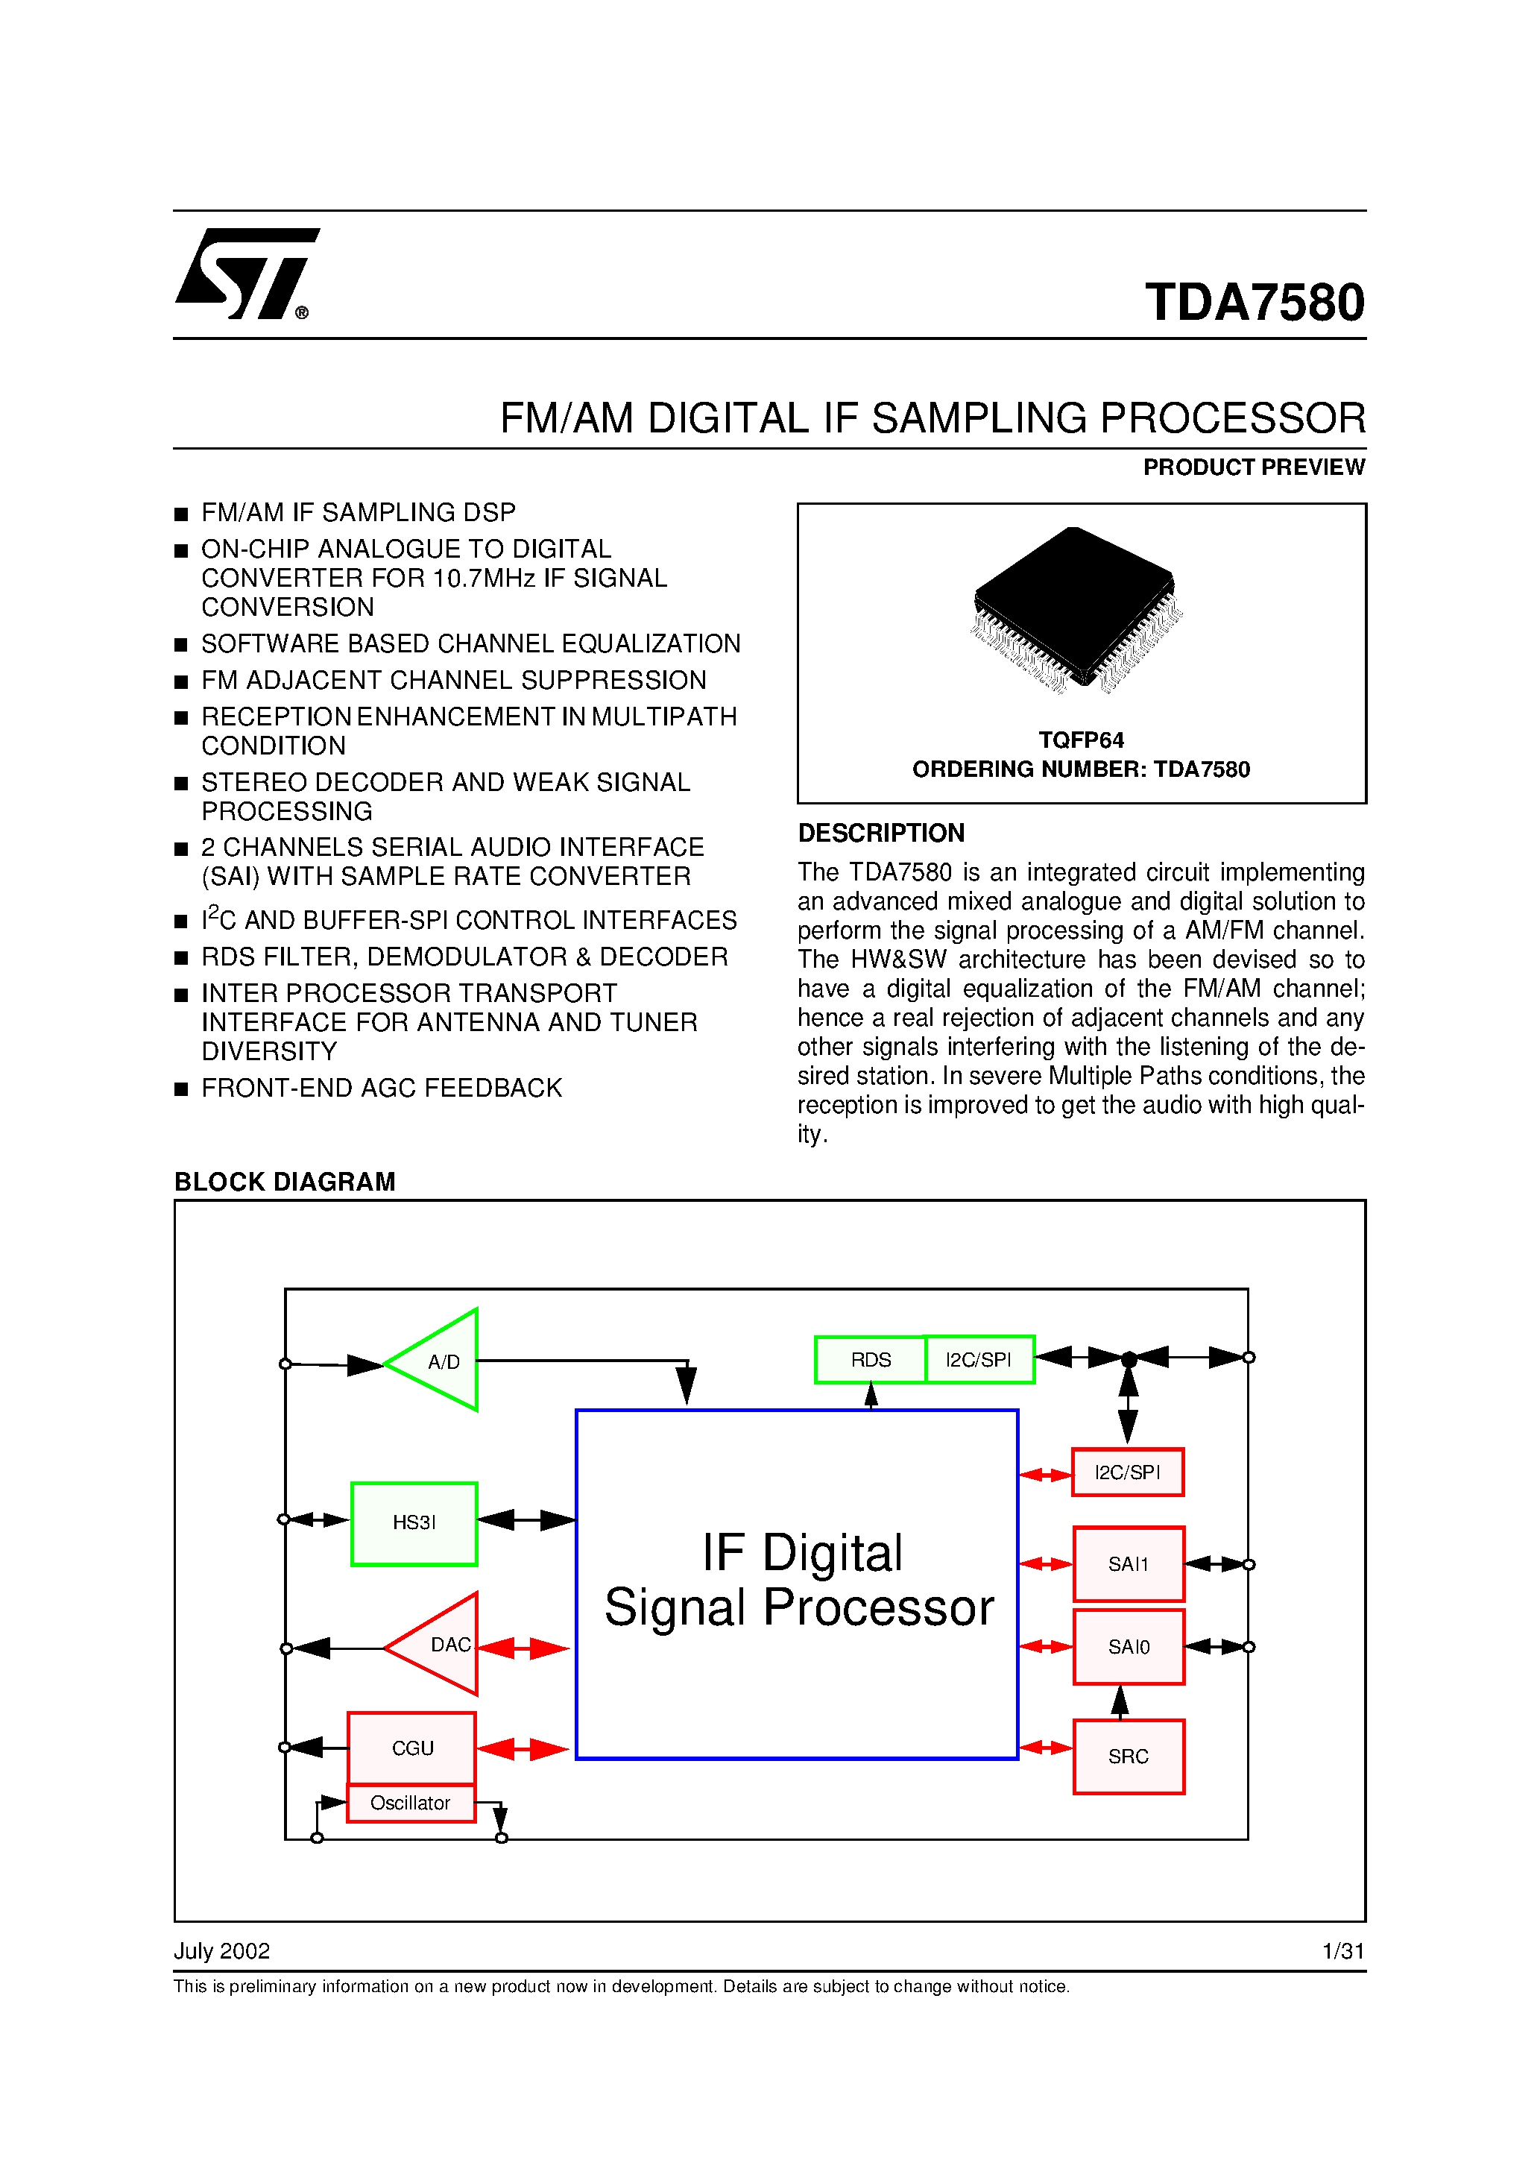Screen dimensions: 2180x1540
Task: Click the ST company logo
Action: coord(246,274)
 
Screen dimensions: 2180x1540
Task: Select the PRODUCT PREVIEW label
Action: coord(1252,467)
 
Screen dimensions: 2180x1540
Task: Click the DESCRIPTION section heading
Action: coord(880,833)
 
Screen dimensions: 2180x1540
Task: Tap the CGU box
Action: coord(411,1748)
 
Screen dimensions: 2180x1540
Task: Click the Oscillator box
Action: coord(410,1803)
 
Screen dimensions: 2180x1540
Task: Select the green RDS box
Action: coord(870,1360)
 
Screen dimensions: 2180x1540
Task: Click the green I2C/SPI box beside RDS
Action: coord(979,1360)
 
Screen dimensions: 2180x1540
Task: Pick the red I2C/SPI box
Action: coord(1127,1472)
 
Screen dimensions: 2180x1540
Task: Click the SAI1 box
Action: coord(1128,1563)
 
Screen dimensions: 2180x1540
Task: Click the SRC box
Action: coord(1128,1757)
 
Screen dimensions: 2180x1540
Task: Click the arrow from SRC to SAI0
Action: coord(1120,1702)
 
